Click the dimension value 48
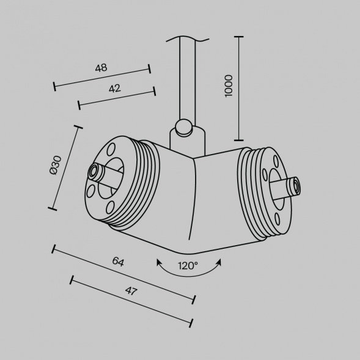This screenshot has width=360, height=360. coord(101,68)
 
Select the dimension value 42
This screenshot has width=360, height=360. coord(114,89)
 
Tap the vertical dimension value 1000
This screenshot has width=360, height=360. coord(229,86)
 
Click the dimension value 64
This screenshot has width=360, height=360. coord(118,262)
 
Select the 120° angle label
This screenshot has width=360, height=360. coord(188,265)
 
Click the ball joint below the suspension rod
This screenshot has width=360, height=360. coord(182,128)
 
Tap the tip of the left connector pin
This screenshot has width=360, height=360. coord(95,171)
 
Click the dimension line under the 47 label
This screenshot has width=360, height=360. coord(132,301)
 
